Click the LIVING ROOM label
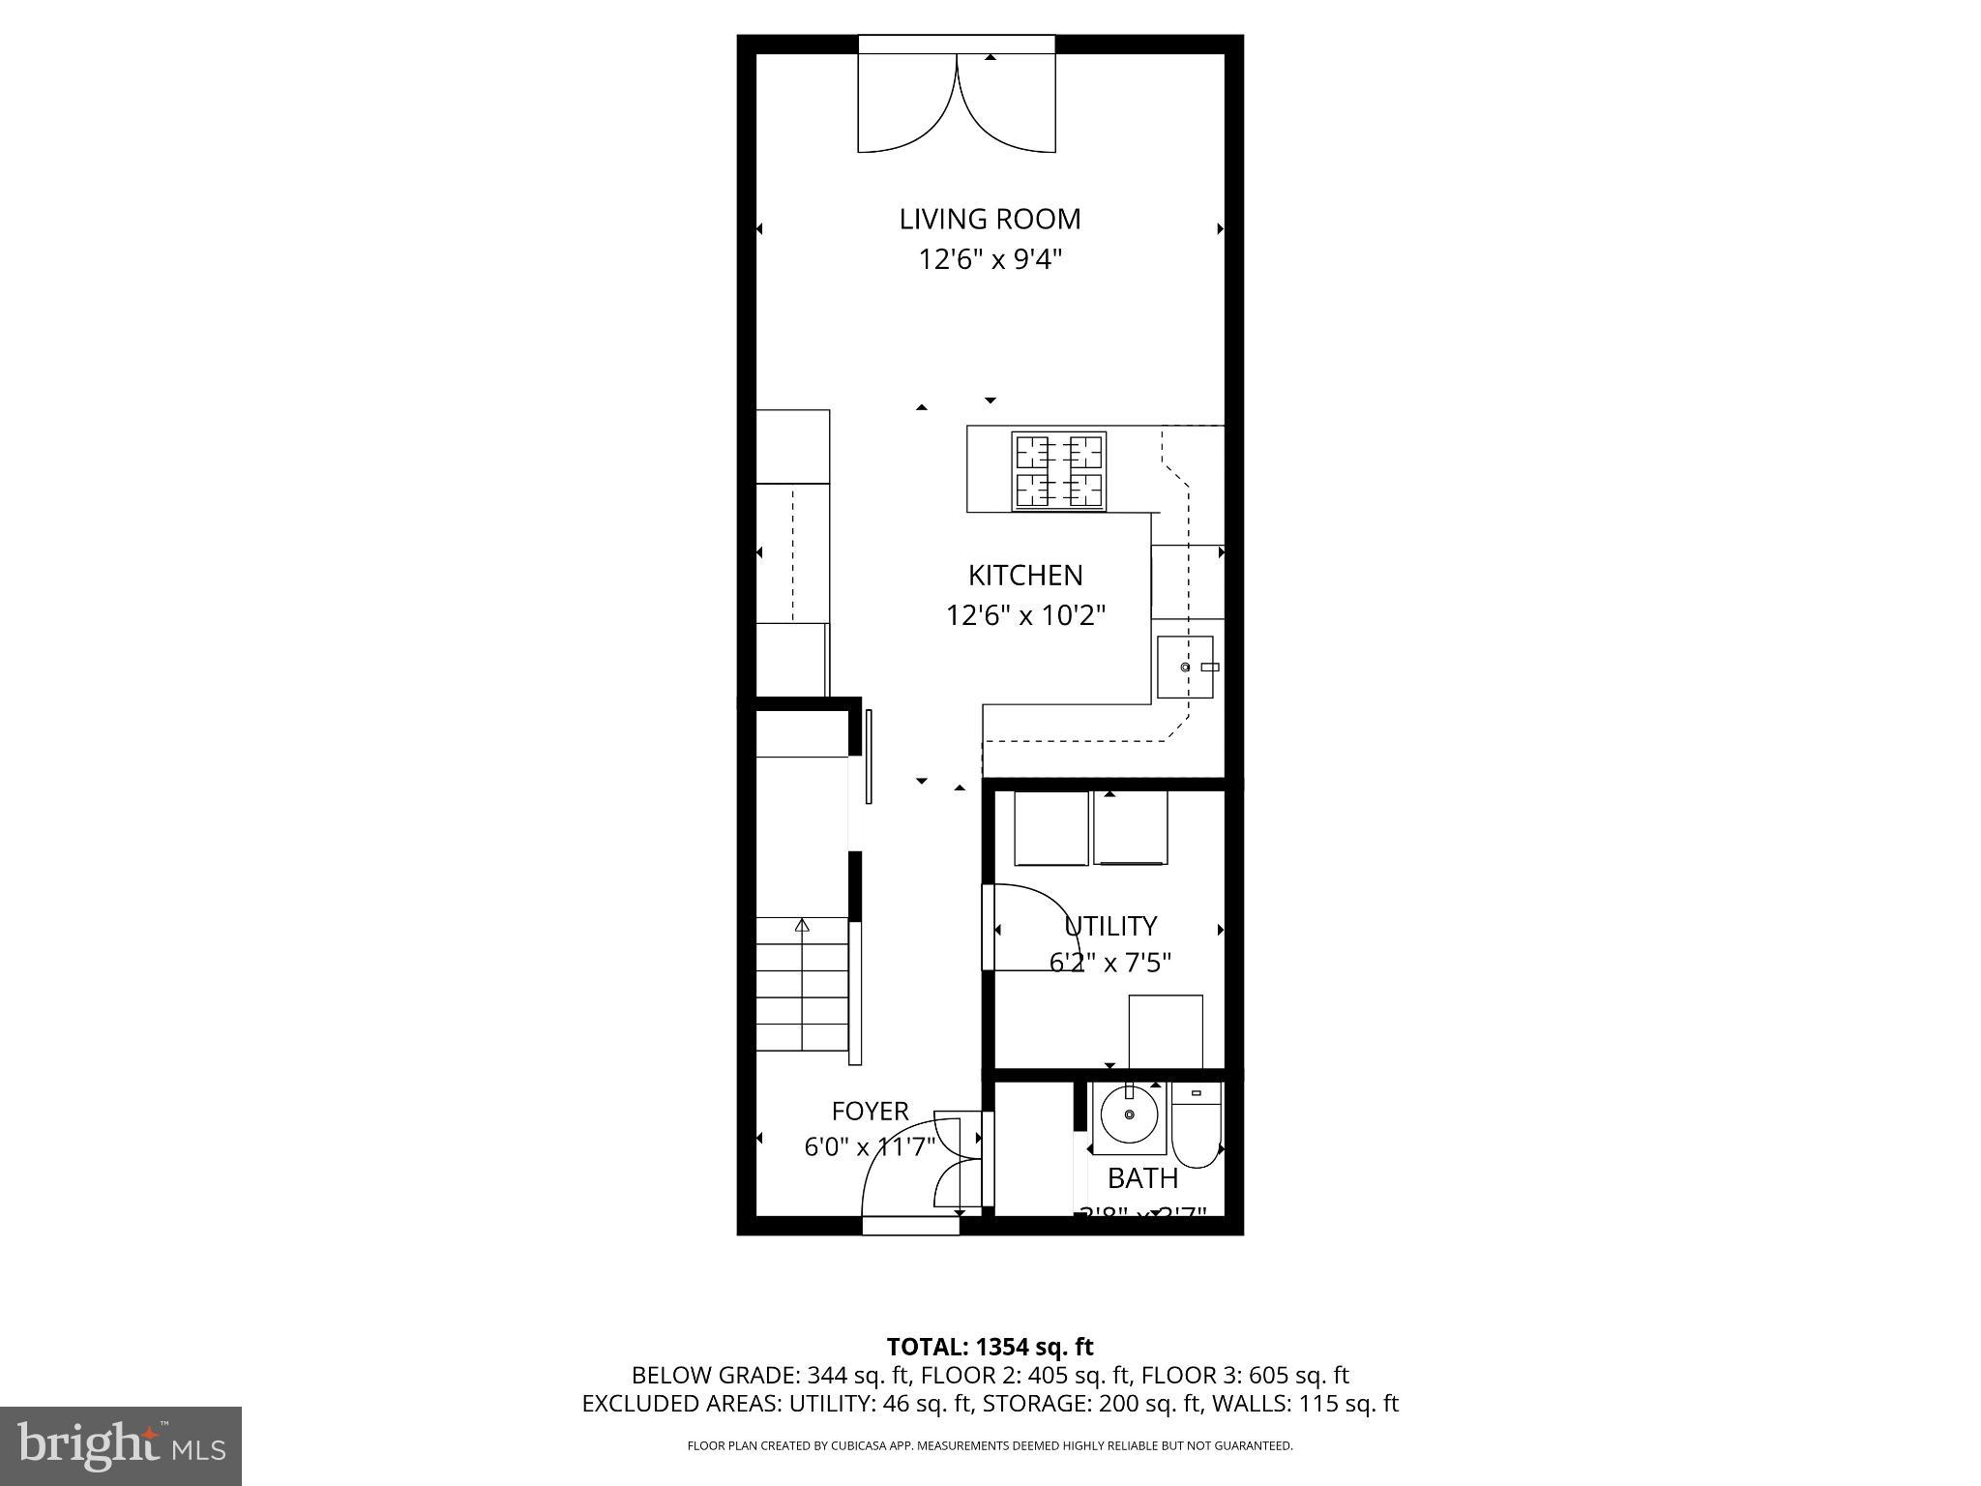[990, 220]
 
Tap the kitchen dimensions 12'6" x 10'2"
[1025, 615]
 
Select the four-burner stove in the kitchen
[1059, 471]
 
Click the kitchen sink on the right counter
[1186, 668]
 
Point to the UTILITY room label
[1110, 926]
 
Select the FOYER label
[870, 1112]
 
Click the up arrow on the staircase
[802, 926]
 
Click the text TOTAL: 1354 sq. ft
[990, 1347]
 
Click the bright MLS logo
[121, 1445]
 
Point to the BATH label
[1142, 1178]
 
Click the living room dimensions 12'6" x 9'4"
[990, 260]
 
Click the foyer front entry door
[909, 1175]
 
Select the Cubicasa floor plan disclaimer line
[990, 1446]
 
